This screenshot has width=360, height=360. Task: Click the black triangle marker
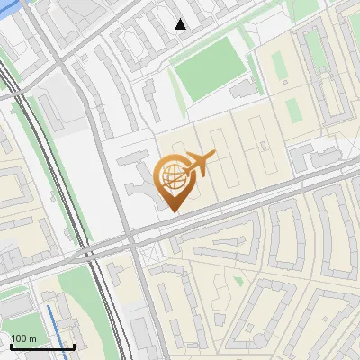tap(181, 24)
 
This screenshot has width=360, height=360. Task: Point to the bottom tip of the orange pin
tap(173, 211)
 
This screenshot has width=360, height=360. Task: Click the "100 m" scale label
tap(24, 338)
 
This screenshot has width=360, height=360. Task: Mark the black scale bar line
tap(42, 346)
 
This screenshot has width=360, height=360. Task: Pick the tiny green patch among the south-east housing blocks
tap(238, 280)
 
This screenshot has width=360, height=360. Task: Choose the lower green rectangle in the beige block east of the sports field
tap(293, 108)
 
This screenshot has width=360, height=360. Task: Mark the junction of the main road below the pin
tap(132, 238)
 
